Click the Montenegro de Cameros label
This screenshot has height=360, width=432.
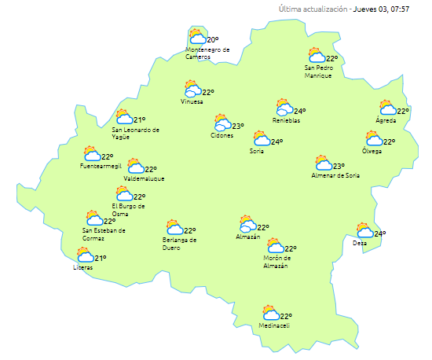[207, 53]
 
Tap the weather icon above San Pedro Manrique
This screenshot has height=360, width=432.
[316, 56]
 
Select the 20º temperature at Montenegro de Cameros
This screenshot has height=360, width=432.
[212, 39]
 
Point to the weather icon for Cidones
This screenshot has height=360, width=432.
[222, 124]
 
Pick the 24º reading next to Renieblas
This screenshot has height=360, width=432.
[299, 111]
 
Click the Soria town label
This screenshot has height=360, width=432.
[257, 150]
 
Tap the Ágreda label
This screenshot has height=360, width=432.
[386, 121]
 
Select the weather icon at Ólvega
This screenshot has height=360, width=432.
[374, 139]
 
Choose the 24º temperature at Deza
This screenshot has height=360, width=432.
[379, 233]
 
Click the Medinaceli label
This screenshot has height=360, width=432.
[276, 326]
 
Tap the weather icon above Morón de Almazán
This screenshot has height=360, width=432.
[274, 246]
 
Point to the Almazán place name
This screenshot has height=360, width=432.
[247, 237]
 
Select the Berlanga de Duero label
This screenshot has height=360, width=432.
[179, 244]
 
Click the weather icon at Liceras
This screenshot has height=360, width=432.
[84, 255]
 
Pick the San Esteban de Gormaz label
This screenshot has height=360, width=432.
[104, 233]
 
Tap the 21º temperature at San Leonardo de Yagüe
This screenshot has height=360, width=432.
[139, 119]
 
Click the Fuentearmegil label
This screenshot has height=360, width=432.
[101, 167]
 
